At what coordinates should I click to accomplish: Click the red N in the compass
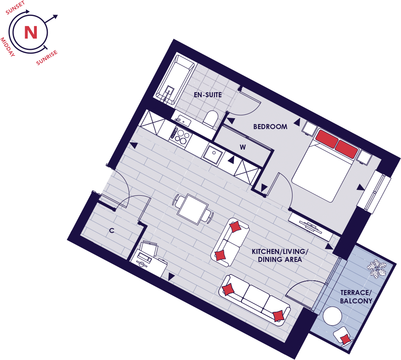(31, 32)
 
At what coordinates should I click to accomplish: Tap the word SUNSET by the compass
(16, 8)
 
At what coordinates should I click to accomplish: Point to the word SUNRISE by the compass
(47, 58)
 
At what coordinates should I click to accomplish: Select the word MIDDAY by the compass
(8, 47)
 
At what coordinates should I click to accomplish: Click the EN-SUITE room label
(208, 95)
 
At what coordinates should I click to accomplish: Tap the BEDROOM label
(270, 127)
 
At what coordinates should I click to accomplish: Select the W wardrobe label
(243, 147)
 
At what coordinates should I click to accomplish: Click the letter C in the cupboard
(111, 231)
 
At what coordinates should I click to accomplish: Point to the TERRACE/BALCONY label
(356, 297)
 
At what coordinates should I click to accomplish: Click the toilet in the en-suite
(210, 118)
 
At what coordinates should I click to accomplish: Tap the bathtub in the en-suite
(176, 79)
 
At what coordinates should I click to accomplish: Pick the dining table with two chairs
(193, 209)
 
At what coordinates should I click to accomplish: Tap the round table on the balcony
(332, 316)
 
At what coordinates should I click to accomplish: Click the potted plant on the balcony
(376, 268)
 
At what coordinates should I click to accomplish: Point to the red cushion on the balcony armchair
(346, 339)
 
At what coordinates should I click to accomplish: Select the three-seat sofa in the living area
(255, 300)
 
